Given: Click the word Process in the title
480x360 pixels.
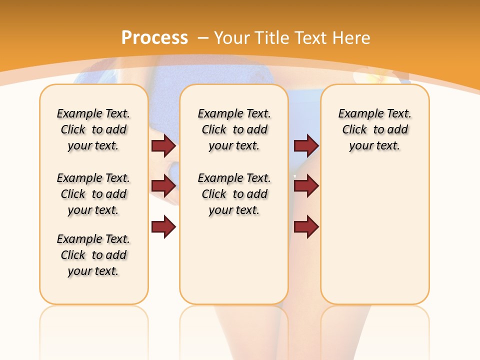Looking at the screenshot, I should pyautogui.click(x=154, y=37).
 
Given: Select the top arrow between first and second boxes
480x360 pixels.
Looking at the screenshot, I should pyautogui.click(x=163, y=145).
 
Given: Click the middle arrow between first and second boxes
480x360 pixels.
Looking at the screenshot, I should pyautogui.click(x=163, y=186).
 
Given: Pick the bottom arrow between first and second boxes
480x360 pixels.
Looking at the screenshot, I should pyautogui.click(x=163, y=227).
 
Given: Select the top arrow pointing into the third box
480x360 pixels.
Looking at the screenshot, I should pyautogui.click(x=306, y=145).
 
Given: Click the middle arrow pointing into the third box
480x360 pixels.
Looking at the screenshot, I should pyautogui.click(x=306, y=186).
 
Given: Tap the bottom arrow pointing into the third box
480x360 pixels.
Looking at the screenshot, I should pyautogui.click(x=306, y=227).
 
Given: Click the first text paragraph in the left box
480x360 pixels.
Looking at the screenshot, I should pyautogui.click(x=93, y=129).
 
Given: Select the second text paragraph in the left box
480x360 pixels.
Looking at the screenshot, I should pyautogui.click(x=93, y=194).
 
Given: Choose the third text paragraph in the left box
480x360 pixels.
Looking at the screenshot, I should pyautogui.click(x=93, y=255).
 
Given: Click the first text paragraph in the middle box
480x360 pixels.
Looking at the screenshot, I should pyautogui.click(x=234, y=129).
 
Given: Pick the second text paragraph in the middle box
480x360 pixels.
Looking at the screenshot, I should pyautogui.click(x=234, y=194).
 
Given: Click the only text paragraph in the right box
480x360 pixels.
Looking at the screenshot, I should pyautogui.click(x=374, y=129).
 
